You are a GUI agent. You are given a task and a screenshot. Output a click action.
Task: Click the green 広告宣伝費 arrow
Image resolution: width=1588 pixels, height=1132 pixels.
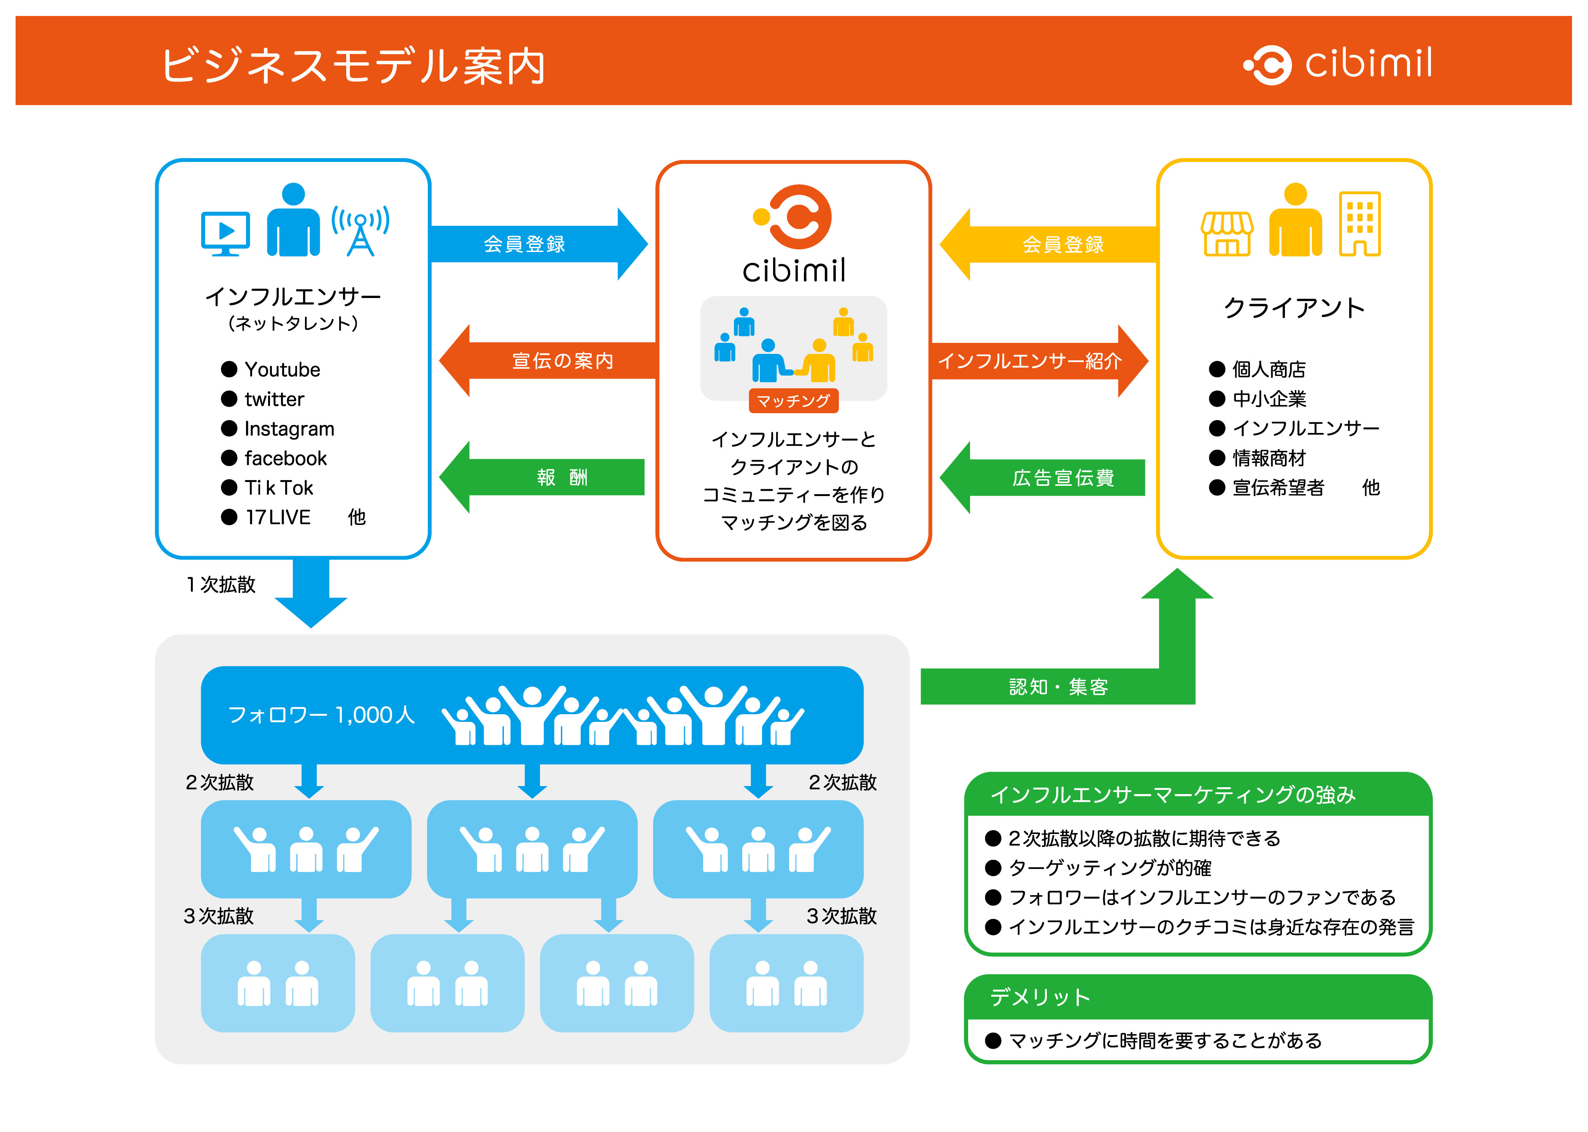(x=1042, y=477)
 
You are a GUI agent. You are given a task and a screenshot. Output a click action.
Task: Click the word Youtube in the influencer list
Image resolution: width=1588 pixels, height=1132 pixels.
(x=282, y=369)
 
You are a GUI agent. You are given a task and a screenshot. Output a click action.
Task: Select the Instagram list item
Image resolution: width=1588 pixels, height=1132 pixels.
(x=289, y=429)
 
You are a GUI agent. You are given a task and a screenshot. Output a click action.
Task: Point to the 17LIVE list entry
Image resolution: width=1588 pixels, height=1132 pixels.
(x=278, y=517)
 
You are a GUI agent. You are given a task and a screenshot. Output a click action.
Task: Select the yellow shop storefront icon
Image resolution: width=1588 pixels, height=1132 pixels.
(x=1227, y=233)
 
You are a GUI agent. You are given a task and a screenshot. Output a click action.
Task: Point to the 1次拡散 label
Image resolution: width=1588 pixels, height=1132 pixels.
(x=221, y=584)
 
